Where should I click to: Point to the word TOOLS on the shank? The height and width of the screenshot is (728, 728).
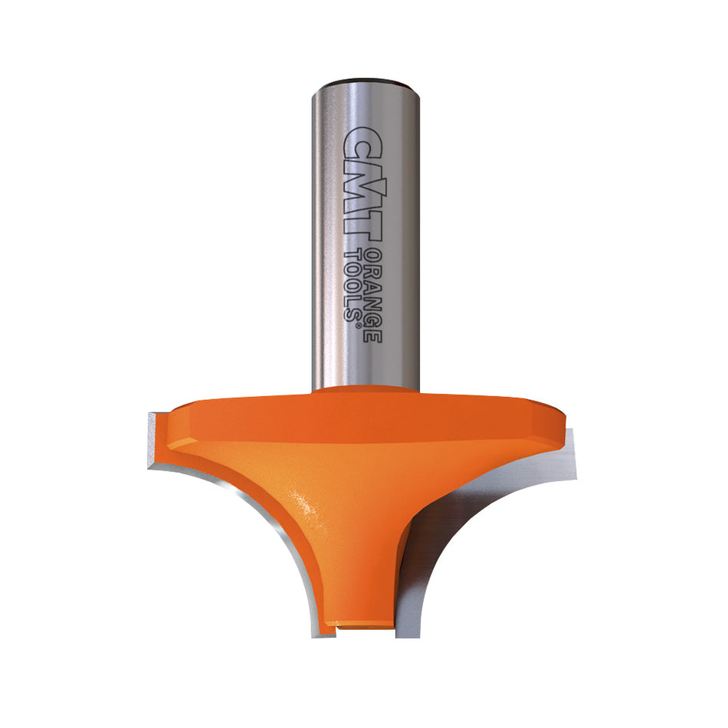coord(355,284)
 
